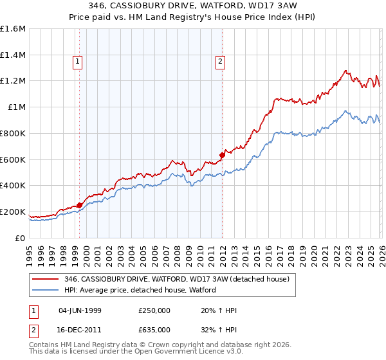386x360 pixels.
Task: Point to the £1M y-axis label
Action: click(17, 107)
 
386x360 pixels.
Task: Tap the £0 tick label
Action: click(21, 238)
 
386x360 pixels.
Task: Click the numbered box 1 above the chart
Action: click(77, 62)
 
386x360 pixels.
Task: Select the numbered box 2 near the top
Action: click(220, 62)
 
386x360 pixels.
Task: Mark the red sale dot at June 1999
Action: click(79, 205)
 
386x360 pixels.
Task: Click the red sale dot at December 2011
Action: click(222, 154)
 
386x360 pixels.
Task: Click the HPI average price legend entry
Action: click(140, 290)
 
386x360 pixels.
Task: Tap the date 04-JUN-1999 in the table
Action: click(80, 310)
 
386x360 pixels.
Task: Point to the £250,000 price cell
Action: click(154, 310)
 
